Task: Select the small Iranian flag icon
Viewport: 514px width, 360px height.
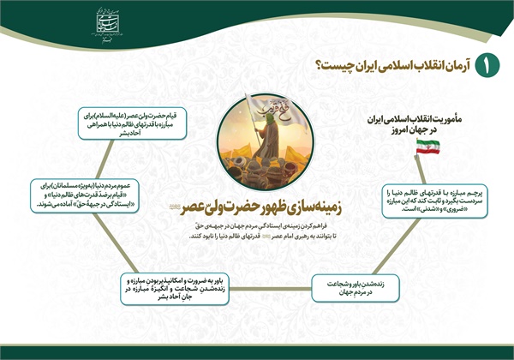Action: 427,147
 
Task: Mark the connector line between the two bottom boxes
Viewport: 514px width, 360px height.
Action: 270,289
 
